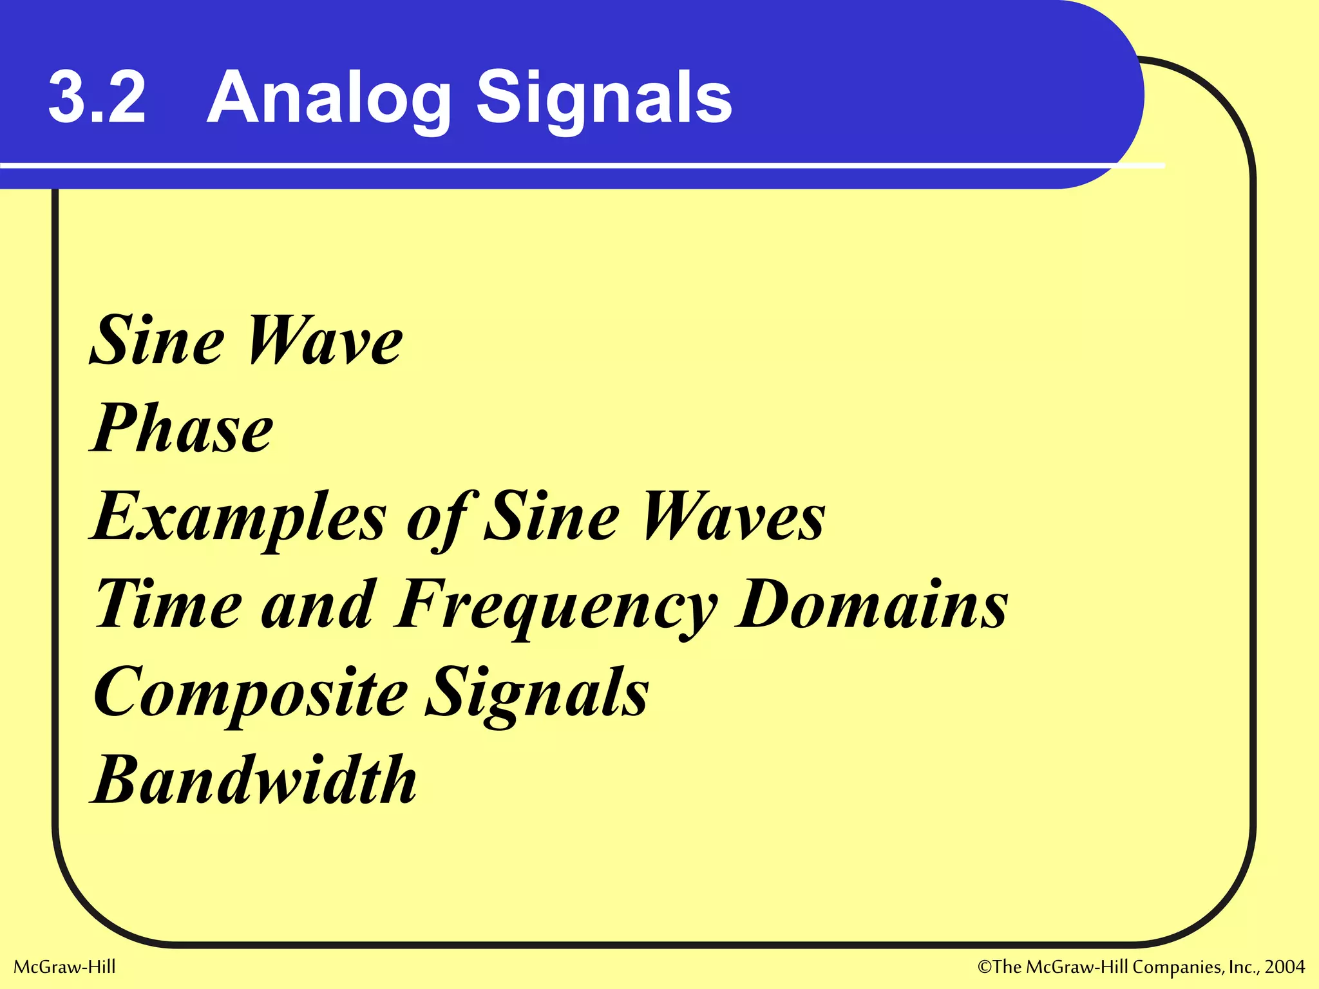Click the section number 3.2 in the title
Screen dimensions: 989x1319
click(x=97, y=98)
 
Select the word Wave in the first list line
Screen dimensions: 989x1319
click(x=325, y=341)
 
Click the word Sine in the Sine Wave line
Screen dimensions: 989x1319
click(x=158, y=341)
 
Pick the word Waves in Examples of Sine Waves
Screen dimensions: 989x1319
click(x=734, y=517)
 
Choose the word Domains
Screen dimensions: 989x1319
click(x=873, y=605)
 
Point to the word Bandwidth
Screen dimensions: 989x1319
click(x=255, y=781)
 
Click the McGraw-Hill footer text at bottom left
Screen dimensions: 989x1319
click(x=64, y=967)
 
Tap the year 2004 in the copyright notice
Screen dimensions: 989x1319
click(x=1285, y=967)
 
